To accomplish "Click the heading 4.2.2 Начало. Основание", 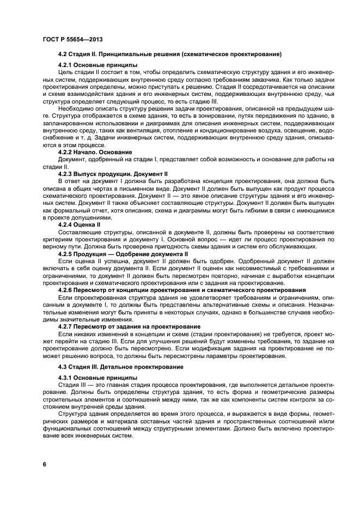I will [x=95, y=151].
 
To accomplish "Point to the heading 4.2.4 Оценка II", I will [x=84, y=223].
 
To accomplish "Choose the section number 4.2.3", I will [x=66, y=173].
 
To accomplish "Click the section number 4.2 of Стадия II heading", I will [x=63, y=54].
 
